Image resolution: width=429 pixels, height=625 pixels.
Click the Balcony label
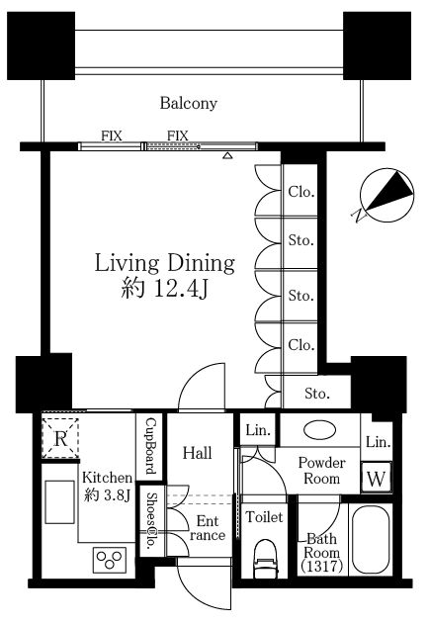(189, 103)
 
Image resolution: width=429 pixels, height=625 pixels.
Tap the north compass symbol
(386, 195)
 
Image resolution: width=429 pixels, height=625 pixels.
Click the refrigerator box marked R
(60, 438)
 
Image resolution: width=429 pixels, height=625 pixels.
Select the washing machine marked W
(376, 477)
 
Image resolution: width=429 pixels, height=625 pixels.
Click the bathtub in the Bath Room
(371, 539)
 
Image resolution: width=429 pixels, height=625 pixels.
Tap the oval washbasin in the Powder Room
(319, 430)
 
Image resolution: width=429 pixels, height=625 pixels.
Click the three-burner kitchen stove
(110, 560)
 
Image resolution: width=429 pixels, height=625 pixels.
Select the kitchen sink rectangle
(59, 501)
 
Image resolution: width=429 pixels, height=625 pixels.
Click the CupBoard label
(151, 446)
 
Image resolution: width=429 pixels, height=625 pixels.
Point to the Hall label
(197, 453)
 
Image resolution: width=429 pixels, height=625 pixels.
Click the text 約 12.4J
(164, 288)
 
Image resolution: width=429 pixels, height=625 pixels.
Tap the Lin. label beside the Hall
(258, 430)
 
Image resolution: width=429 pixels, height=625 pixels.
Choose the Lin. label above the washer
(378, 442)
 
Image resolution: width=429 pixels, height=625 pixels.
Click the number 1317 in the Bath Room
(322, 566)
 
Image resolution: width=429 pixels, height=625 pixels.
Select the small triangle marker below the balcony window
(227, 155)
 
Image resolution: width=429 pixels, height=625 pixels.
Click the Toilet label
(264, 517)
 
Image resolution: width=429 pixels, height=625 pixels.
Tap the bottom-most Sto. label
(317, 394)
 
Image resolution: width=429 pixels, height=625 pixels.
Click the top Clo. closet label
(301, 192)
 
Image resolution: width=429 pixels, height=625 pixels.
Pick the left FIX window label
(111, 135)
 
